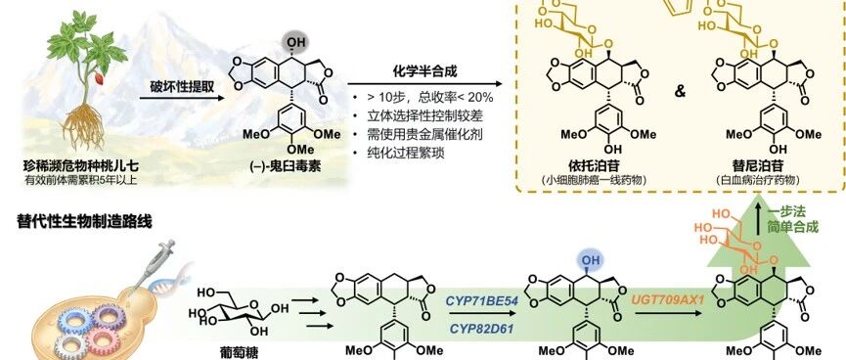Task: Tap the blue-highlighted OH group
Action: (591, 261)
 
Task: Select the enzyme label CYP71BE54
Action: (482, 301)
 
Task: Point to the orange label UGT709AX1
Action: (669, 298)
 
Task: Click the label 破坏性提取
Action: (180, 85)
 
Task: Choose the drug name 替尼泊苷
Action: (758, 164)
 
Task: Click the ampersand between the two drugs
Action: (680, 91)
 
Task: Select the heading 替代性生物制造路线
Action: (85, 222)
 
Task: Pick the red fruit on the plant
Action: (100, 79)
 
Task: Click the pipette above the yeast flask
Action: (150, 267)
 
